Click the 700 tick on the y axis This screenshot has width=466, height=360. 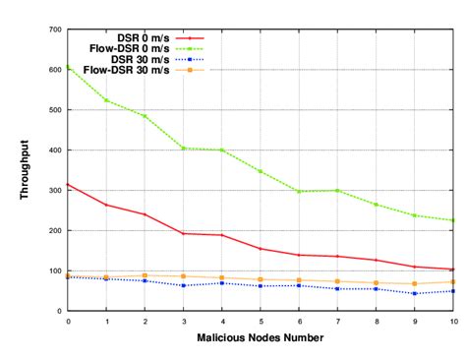55,30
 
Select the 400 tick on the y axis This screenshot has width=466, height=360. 55,150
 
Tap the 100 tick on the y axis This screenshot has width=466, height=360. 55,270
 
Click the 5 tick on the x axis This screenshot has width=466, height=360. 261,321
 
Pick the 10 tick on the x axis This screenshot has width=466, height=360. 452,321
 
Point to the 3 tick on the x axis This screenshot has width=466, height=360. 184,321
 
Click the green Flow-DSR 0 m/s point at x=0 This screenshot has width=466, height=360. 68,67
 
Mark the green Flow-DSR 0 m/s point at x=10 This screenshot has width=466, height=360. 453,220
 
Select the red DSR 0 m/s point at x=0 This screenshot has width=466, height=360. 68,184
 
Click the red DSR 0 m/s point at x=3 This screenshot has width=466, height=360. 184,233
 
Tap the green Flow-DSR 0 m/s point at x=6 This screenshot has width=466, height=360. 299,191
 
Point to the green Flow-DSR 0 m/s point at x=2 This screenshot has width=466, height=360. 145,116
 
